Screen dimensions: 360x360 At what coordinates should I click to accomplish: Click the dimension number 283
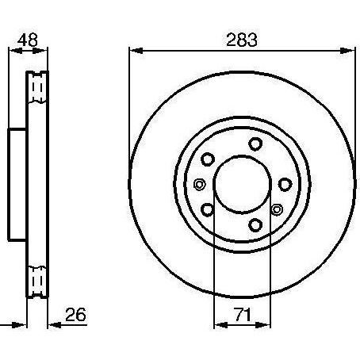point(242,40)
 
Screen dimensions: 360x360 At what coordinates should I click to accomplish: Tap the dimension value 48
point(28,40)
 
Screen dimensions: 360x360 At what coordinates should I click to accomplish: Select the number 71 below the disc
point(243,315)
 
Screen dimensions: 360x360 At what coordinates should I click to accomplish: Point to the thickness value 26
point(75,315)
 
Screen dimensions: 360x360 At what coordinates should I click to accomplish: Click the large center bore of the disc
point(242,185)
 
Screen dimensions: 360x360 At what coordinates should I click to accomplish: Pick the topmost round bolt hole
point(255,144)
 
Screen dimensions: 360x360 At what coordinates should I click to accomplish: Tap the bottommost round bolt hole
point(255,225)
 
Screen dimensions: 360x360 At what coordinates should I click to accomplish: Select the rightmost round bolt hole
point(285,185)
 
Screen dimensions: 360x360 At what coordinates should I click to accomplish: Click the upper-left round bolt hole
point(208,159)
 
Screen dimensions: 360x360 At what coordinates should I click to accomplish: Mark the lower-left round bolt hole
point(208,210)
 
